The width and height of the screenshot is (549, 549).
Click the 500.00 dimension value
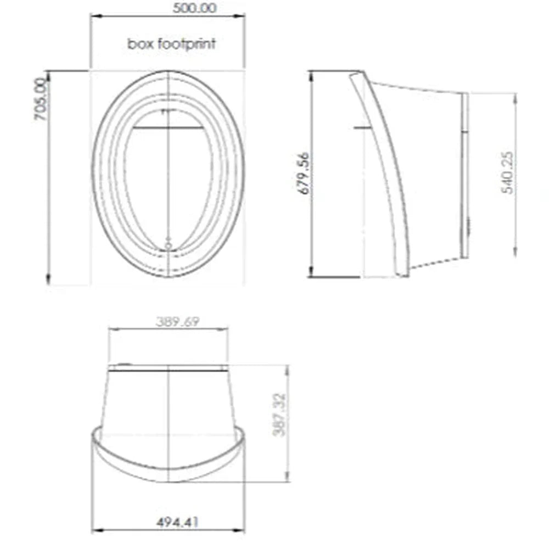click(195, 8)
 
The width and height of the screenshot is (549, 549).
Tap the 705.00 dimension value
click(41, 99)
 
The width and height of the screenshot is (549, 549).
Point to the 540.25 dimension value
click(507, 172)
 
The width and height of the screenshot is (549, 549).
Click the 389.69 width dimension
click(177, 321)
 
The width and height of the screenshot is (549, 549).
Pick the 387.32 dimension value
click(279, 415)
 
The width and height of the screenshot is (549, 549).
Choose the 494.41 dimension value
click(177, 523)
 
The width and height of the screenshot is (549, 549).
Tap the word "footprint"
click(187, 44)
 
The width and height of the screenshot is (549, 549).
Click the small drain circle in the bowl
click(168, 246)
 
